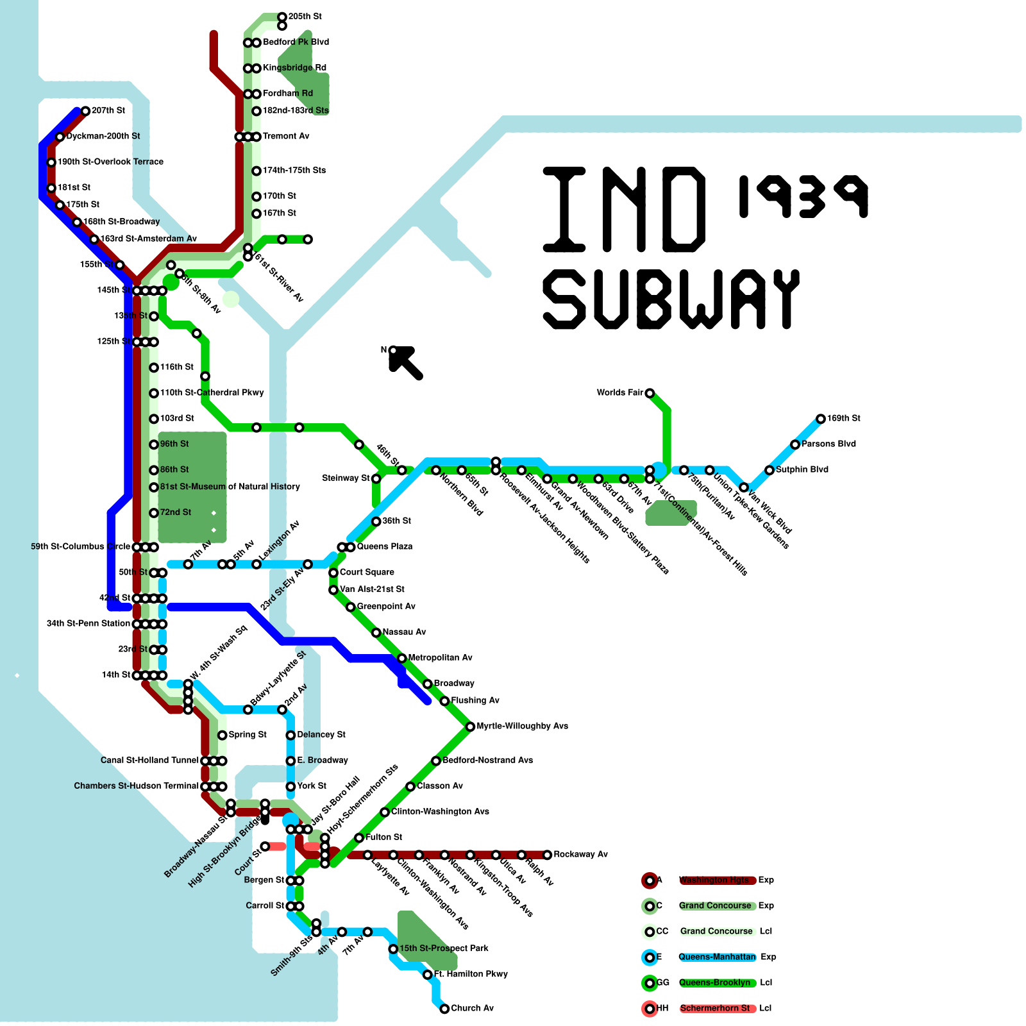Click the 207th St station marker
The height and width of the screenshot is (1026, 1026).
(85, 111)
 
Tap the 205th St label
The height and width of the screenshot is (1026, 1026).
(305, 16)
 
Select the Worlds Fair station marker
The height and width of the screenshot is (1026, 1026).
(650, 393)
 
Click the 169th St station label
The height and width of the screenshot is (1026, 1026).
(843, 418)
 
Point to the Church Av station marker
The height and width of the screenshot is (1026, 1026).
(444, 1009)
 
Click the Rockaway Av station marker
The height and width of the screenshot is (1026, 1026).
(547, 855)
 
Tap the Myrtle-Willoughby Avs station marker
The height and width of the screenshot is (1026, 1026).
(470, 727)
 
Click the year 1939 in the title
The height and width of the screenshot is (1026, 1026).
(803, 196)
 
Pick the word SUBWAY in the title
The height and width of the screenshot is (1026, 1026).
(671, 299)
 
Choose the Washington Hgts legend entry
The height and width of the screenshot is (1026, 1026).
(714, 880)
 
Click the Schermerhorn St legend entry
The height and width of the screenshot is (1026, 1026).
(714, 1008)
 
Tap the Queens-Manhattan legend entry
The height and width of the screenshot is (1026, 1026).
(717, 957)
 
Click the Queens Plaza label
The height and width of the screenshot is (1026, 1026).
(384, 546)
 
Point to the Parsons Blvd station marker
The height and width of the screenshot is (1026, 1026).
(795, 444)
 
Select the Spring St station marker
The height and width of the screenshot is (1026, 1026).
(222, 735)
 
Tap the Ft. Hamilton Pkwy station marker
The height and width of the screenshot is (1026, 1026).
(428, 975)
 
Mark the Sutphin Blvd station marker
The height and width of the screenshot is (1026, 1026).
(769, 470)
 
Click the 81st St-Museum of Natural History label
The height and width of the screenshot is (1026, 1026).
(230, 487)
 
